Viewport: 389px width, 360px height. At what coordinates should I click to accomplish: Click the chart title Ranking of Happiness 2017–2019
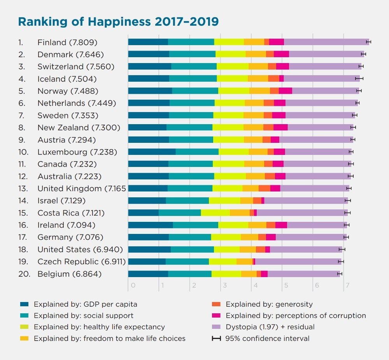click(x=118, y=21)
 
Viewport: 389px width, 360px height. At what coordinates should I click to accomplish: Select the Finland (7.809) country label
click(x=67, y=42)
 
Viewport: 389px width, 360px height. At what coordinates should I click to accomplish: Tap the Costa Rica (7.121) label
click(x=71, y=213)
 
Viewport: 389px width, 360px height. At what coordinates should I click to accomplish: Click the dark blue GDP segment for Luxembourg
click(x=152, y=152)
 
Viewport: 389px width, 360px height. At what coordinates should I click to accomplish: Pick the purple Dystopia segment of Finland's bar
click(x=326, y=42)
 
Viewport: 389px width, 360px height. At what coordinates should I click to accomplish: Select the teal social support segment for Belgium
click(x=189, y=274)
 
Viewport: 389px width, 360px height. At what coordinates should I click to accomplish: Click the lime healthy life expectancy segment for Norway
click(x=233, y=91)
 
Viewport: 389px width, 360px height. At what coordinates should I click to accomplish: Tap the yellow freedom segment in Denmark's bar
click(x=256, y=54)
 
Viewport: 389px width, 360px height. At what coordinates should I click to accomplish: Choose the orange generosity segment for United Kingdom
click(x=264, y=188)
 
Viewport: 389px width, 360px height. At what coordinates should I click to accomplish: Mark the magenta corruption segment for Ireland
click(x=281, y=225)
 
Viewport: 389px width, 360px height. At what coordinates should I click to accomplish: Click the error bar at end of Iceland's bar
click(x=359, y=79)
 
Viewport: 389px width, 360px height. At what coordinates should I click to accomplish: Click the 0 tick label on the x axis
click(x=133, y=286)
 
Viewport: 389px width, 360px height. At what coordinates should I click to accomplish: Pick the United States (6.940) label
click(x=80, y=249)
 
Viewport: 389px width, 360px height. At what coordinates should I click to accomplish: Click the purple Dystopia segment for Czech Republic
click(x=298, y=262)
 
